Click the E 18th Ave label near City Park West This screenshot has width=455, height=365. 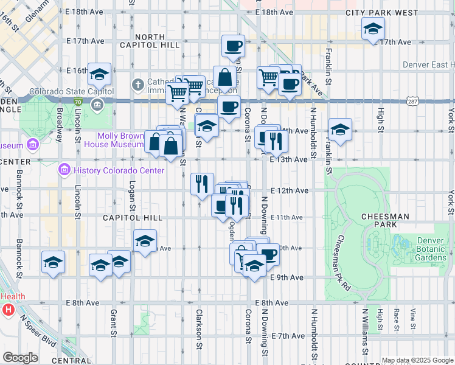(x=274, y=12)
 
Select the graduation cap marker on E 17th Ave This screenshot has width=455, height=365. (x=373, y=28)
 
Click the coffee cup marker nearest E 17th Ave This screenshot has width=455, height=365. (x=232, y=46)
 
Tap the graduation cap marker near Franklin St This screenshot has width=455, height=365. (x=340, y=129)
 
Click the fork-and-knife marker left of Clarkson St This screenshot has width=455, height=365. (x=202, y=183)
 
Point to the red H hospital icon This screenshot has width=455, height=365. (x=8, y=310)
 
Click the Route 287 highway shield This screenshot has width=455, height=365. (x=413, y=101)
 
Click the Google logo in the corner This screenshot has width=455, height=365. (x=20, y=358)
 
